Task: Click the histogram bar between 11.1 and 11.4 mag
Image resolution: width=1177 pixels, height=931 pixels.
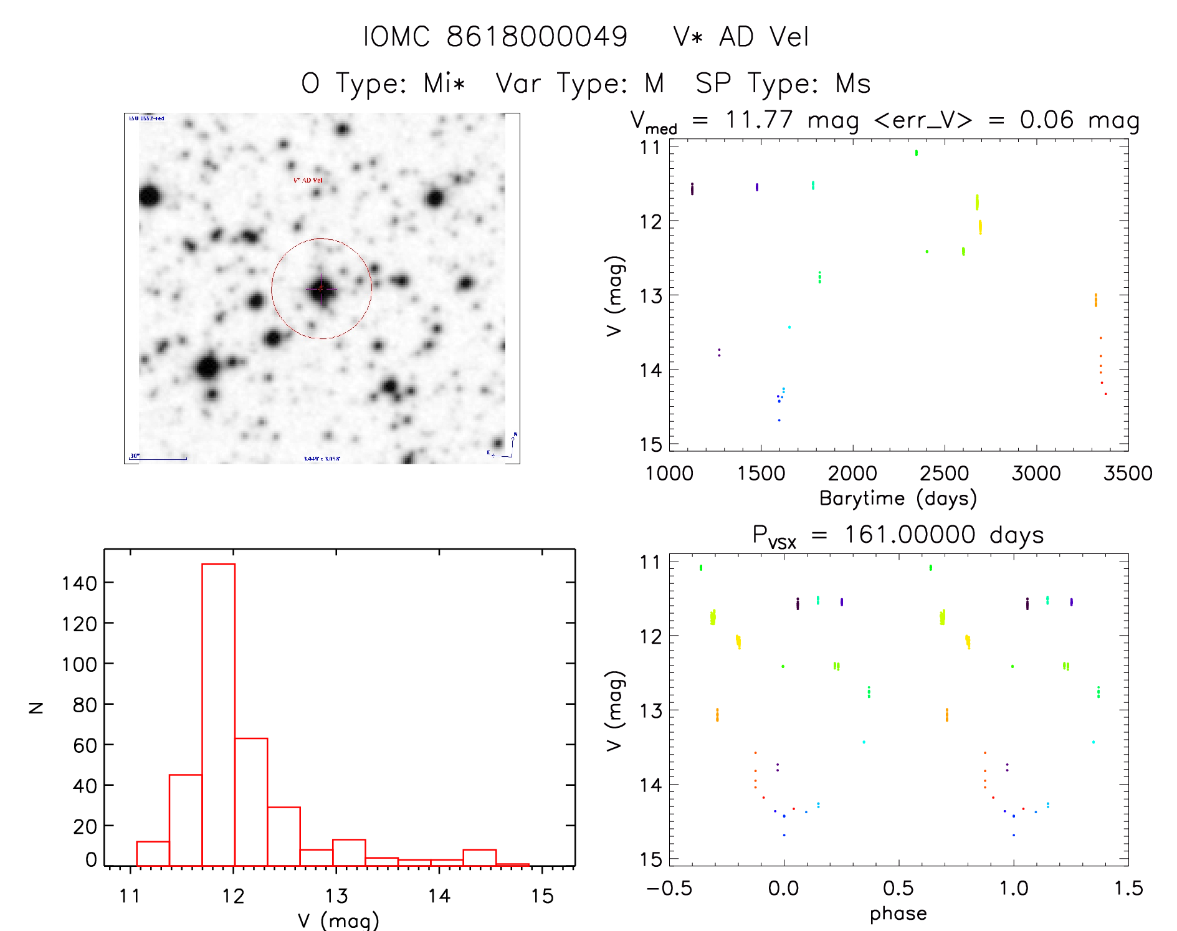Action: coord(153,853)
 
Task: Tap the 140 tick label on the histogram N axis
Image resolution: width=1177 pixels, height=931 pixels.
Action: coord(79,583)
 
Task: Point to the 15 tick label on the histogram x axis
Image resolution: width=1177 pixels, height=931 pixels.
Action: coord(542,896)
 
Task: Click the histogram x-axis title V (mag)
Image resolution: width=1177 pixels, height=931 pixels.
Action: coord(338,920)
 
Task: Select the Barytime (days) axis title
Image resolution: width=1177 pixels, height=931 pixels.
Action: coord(898,499)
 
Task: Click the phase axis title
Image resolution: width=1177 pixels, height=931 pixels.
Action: coord(898,914)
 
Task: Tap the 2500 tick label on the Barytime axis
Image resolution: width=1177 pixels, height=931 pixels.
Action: coord(944,474)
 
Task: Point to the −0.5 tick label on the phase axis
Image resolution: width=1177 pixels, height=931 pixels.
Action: coord(669,889)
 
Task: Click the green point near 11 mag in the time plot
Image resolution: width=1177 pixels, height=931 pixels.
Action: coord(916,153)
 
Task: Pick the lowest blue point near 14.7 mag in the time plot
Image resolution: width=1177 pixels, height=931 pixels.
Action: coord(779,421)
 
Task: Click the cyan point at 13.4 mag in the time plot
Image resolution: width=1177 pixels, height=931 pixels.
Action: coord(789,327)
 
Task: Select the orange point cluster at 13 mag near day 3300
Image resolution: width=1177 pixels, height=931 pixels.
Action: coord(1095,300)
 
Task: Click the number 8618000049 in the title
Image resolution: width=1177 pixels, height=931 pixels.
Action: coord(537,37)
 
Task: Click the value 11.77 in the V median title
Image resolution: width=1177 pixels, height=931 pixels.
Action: coord(759,120)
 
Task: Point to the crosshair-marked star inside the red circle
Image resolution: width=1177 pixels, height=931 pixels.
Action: coord(322,289)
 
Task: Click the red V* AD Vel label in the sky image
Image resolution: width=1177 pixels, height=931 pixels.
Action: coord(308,180)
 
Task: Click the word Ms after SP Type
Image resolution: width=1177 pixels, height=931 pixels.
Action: coord(852,84)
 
